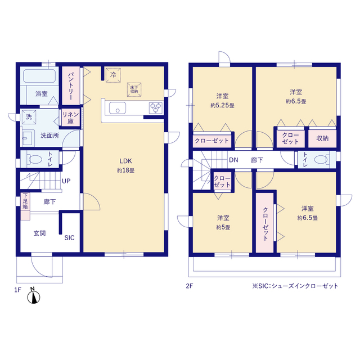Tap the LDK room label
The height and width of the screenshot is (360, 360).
coord(125,161)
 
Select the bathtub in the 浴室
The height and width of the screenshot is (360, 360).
coord(39,76)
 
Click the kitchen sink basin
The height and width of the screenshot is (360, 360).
coord(118,108)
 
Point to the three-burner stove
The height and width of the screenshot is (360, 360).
coord(156,108)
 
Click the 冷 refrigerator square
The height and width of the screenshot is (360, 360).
coord(113,75)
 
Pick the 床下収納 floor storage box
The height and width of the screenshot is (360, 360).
coord(134,89)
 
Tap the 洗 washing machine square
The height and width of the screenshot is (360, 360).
coord(29,117)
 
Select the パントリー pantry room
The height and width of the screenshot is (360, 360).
coord(71,85)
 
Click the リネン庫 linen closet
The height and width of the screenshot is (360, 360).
coord(71,118)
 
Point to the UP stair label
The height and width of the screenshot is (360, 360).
coord(66,181)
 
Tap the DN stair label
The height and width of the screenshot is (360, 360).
coord(233,160)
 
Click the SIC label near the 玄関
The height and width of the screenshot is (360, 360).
coord(69,237)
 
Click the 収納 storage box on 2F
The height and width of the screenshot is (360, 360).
coord(322,139)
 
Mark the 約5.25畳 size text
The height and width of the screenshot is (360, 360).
coord(222,106)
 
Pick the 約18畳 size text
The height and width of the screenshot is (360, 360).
coord(125,170)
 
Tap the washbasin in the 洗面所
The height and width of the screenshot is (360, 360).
coord(28,138)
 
